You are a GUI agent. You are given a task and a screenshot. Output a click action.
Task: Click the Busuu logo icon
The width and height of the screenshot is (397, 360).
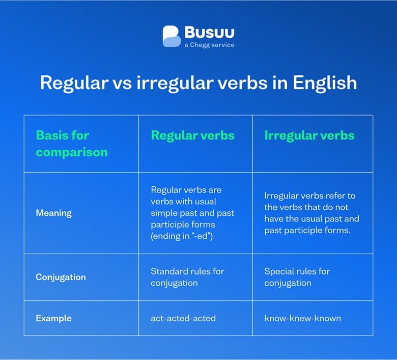click(172, 36)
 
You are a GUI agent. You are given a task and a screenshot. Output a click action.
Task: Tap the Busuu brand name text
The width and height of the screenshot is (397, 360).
click(209, 33)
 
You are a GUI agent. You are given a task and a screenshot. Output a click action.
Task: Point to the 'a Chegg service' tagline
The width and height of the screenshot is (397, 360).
click(209, 45)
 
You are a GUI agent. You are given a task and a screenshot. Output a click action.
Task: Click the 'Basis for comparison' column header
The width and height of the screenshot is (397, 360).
click(72, 144)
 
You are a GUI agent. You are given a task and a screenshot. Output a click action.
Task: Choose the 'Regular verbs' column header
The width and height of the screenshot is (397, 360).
click(192, 135)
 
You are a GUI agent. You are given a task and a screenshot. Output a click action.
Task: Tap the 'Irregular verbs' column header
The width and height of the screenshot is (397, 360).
click(309, 135)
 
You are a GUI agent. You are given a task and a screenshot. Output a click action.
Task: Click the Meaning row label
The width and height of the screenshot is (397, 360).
click(53, 213)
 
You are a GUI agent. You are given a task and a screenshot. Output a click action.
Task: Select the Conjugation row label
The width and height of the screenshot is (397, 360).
click(61, 278)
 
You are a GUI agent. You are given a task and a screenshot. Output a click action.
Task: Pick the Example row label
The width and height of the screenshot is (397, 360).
click(53, 318)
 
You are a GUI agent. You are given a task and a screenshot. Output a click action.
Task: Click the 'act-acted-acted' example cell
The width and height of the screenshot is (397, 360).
click(183, 318)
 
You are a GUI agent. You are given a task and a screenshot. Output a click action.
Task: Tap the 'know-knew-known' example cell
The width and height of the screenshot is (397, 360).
click(302, 318)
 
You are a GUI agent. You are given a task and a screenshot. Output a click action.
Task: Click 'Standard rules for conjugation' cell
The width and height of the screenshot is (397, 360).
click(187, 277)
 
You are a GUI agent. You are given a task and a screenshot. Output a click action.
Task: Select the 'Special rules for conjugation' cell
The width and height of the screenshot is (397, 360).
click(297, 277)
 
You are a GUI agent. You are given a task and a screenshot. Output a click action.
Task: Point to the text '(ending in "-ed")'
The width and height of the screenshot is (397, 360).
click(182, 236)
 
